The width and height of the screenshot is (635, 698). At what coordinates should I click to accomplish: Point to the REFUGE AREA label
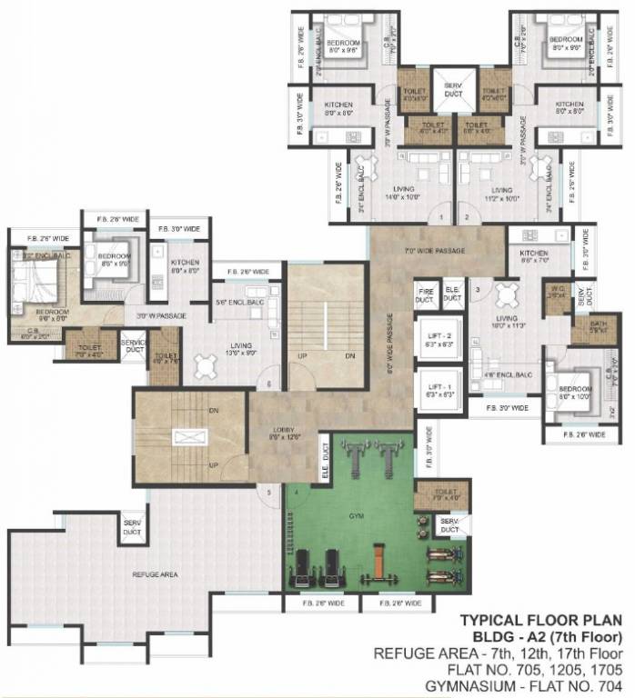(156, 574)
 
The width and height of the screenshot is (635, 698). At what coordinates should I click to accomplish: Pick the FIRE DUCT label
(424, 295)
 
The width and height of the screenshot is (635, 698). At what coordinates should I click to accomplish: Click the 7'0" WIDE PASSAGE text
(435, 251)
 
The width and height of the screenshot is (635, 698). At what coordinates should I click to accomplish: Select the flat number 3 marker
(478, 290)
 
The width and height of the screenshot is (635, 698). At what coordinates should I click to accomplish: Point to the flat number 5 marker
(268, 492)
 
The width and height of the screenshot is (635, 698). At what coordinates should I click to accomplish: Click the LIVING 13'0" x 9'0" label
(240, 349)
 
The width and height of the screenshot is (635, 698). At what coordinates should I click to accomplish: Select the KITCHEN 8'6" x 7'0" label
(534, 256)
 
